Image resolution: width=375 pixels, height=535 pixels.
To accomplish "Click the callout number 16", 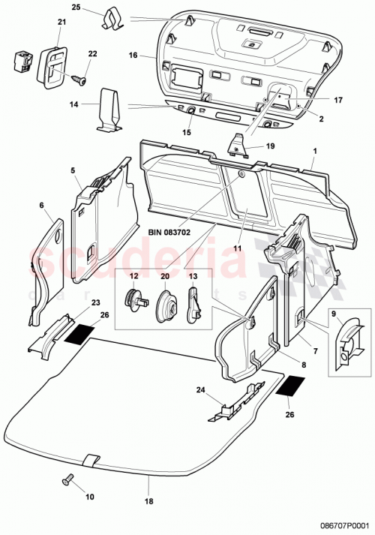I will pyautogui.click(x=131, y=56).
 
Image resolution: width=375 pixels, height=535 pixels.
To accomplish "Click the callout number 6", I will pyautogui.click(x=42, y=205).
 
